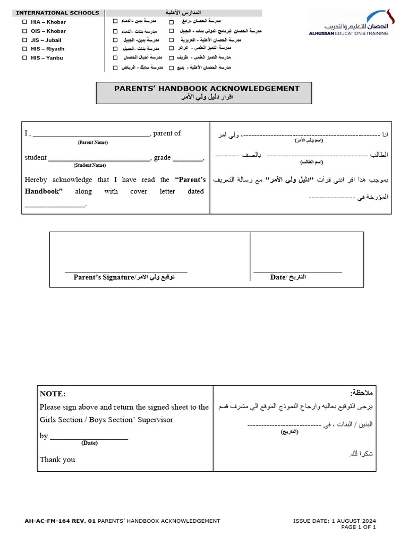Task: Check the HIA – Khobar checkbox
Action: point(24,22)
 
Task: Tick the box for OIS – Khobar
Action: point(24,31)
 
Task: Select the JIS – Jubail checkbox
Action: point(24,40)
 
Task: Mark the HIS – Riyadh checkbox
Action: point(24,49)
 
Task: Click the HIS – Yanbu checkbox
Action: point(24,58)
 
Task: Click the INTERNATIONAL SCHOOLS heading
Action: point(57,13)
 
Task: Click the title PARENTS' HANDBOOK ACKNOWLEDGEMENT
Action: point(207,89)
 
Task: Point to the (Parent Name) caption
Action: point(93,142)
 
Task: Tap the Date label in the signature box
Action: point(278,277)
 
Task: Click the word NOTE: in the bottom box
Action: point(53,394)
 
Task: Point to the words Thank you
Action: point(57,460)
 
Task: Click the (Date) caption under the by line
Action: point(89,443)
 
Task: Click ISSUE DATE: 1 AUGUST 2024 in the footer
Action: point(334,521)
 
